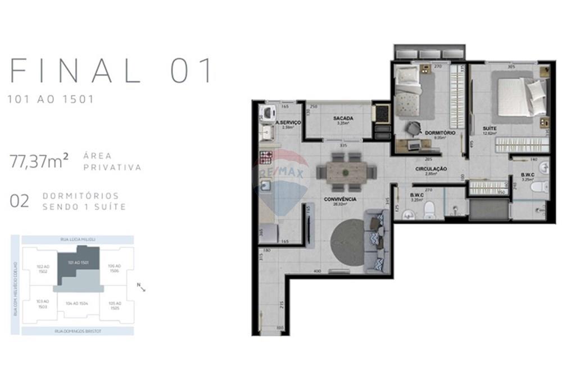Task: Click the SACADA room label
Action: pyautogui.click(x=342, y=118)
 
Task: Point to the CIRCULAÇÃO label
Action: pyautogui.click(x=430, y=169)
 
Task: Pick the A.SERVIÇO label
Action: pyautogui.click(x=288, y=122)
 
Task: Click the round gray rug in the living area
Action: pyautogui.click(x=348, y=242)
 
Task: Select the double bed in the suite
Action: pyautogui.click(x=520, y=96)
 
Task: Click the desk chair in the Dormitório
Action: pyautogui.click(x=414, y=129)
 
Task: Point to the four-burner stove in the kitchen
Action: pyautogui.click(x=266, y=157)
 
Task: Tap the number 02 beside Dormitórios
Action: pyautogui.click(x=19, y=201)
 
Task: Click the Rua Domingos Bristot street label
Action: pyautogui.click(x=77, y=331)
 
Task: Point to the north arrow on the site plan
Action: pyautogui.click(x=142, y=287)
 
